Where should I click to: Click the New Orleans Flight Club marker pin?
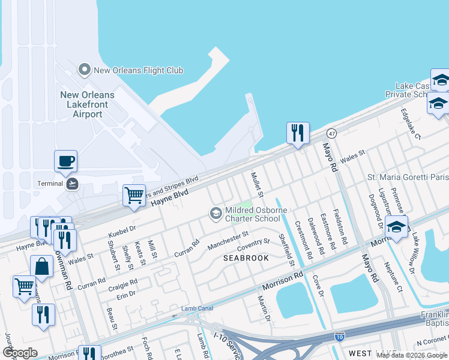(85, 70)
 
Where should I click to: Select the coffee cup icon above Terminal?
(65, 161)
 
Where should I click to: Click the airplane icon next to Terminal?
(73, 184)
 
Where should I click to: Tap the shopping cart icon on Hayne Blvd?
(134, 195)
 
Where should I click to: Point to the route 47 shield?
(331, 133)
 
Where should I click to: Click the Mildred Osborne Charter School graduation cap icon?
(215, 213)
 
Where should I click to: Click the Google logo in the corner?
(20, 352)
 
